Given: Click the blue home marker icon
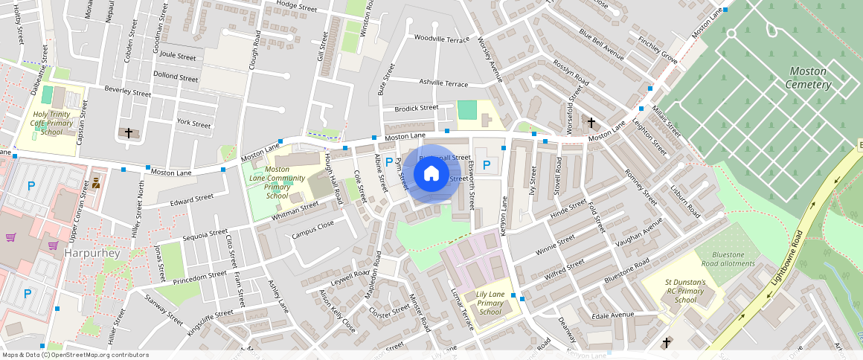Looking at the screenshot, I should coord(431,174).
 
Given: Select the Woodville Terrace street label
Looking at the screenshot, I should coord(442,38).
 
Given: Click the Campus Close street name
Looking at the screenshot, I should coord(312,228).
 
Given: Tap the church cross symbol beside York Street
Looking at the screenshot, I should coord(129,133).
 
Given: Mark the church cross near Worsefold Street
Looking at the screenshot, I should coord(591,122).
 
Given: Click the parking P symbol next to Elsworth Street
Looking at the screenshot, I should coord(487,165).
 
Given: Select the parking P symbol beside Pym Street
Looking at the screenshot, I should coord(388,161).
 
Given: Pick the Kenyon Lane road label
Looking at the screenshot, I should coord(504,216).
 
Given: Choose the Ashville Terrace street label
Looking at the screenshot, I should coord(443,83).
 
